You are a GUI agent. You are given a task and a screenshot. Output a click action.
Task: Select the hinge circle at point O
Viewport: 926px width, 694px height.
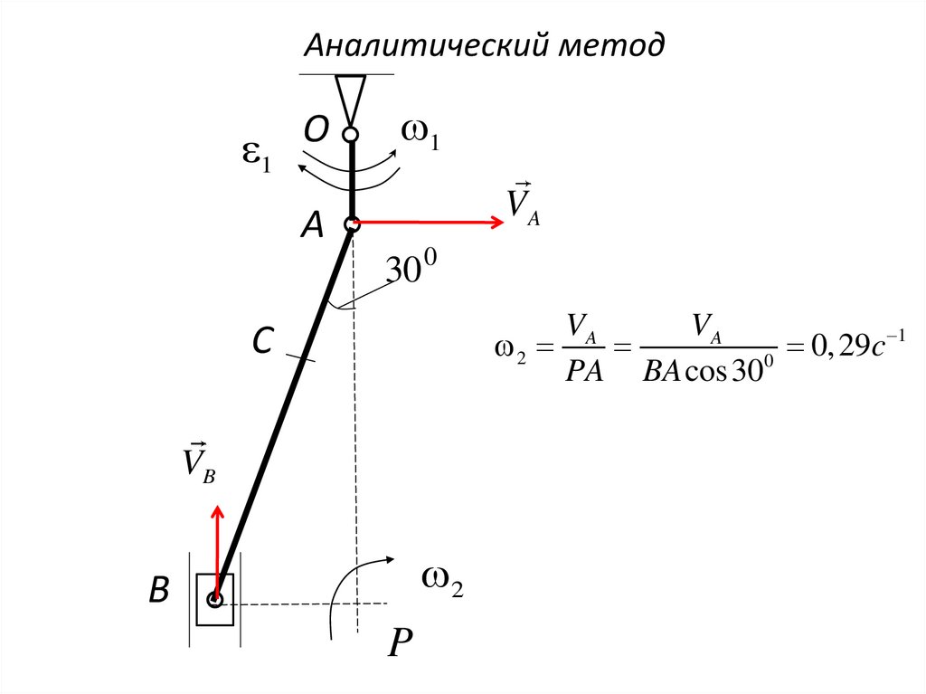point(351,135)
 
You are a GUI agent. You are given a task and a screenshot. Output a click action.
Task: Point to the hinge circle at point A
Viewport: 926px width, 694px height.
point(352,223)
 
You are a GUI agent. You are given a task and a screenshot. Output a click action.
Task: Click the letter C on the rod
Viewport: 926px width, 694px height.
point(261,342)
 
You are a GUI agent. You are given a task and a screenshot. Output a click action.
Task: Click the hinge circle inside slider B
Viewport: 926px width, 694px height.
point(215,599)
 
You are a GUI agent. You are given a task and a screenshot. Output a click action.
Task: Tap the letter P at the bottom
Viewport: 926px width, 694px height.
point(399,643)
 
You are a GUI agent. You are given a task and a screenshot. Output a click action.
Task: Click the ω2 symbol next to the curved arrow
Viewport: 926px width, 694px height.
point(443,584)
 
